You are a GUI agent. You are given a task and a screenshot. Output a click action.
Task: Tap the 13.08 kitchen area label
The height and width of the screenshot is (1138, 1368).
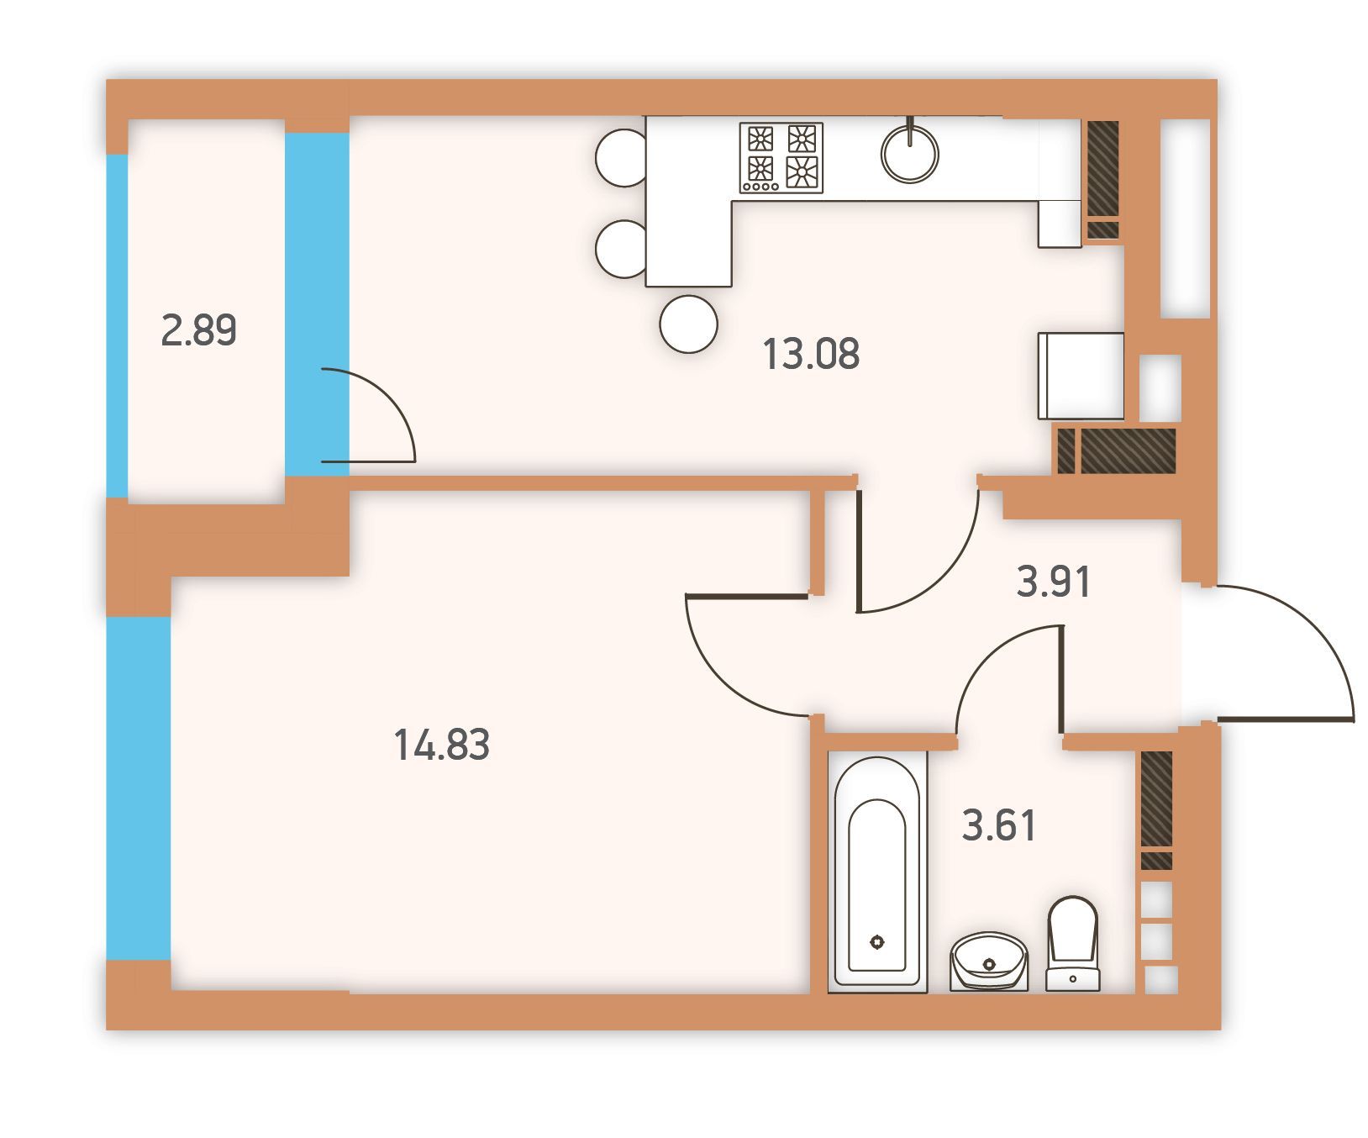point(811,354)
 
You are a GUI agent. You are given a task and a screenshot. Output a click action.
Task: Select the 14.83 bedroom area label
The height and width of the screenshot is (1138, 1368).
point(442,745)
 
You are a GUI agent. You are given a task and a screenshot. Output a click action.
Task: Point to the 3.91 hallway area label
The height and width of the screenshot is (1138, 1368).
point(1054,582)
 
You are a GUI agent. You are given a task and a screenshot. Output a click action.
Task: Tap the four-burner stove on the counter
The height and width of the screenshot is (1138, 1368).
point(781,158)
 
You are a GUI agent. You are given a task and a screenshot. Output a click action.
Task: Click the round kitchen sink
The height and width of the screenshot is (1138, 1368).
point(910,154)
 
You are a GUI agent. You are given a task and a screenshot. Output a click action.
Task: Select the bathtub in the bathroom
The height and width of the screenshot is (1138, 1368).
point(878,872)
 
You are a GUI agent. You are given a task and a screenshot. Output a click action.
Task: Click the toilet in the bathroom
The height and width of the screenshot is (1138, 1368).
point(1073,943)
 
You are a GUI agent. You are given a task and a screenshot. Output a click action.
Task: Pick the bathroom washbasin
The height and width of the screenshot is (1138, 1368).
point(990,961)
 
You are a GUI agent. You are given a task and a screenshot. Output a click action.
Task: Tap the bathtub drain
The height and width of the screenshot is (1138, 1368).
point(878,942)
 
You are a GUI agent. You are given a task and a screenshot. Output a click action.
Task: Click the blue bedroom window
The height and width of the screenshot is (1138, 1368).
point(139,788)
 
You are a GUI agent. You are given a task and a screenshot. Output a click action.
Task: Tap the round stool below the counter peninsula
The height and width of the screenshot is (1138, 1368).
point(689,324)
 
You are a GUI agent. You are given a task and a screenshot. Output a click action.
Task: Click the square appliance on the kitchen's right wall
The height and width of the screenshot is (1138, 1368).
point(1081,376)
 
